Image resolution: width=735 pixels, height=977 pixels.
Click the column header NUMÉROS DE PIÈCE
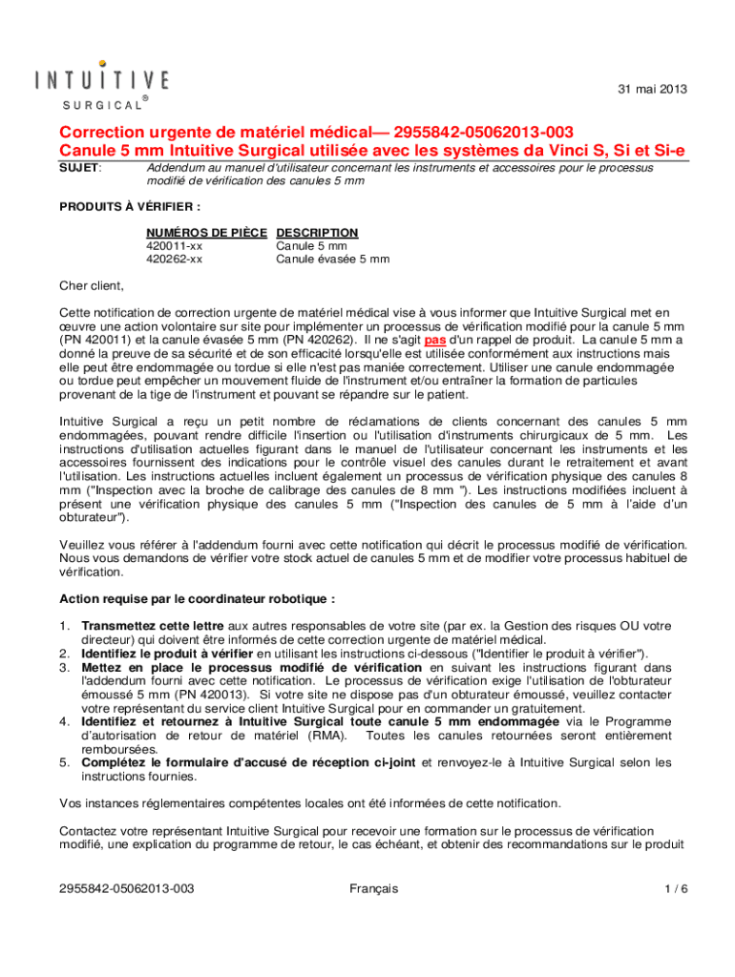(207, 232)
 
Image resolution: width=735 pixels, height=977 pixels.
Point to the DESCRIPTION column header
(317, 232)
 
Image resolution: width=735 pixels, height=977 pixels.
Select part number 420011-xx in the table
(174, 245)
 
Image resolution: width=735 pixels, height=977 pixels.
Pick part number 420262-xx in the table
(174, 259)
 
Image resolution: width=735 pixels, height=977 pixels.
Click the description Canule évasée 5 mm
(332, 259)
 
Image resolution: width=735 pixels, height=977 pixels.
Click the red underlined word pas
(435, 339)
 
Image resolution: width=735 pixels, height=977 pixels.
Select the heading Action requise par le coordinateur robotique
(198, 599)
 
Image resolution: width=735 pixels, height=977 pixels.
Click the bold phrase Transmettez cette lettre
(140, 626)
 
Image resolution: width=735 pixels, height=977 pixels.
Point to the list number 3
(64, 668)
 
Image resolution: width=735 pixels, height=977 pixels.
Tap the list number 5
(64, 762)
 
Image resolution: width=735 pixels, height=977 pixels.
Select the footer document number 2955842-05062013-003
(127, 888)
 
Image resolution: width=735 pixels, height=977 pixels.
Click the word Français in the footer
(374, 888)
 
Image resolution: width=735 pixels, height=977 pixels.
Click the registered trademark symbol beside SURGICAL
(144, 98)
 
